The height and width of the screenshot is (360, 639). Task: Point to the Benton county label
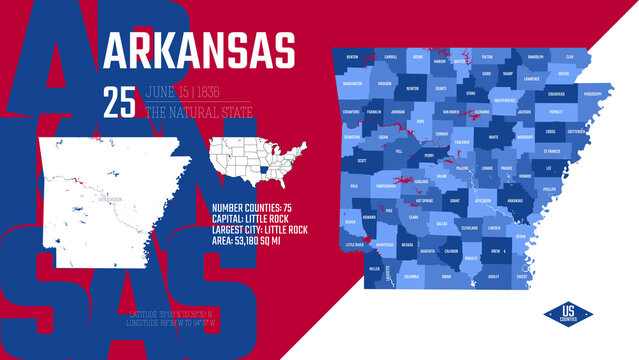pyautogui.click(x=352, y=58)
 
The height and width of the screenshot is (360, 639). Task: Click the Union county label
pyautogui.click(x=446, y=276)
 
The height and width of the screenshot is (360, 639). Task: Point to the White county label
pyautogui.click(x=493, y=137)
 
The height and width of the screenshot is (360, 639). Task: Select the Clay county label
pyautogui.click(x=569, y=57)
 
